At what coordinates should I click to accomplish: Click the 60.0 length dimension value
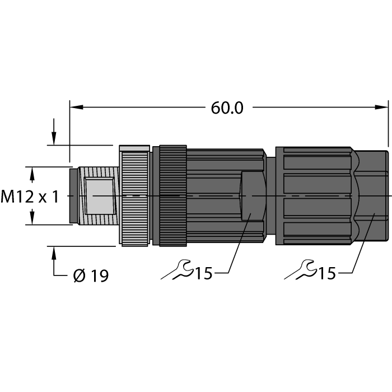(x=227, y=108)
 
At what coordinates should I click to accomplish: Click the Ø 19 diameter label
(x=91, y=276)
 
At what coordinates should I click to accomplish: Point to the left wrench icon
(x=176, y=272)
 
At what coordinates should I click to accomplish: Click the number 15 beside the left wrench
(x=203, y=273)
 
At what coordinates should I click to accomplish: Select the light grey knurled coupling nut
(x=135, y=195)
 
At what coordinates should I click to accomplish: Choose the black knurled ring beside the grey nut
(x=172, y=195)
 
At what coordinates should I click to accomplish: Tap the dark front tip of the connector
(x=73, y=195)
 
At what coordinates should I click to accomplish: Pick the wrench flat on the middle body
(x=251, y=195)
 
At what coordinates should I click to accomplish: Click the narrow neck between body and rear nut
(x=270, y=195)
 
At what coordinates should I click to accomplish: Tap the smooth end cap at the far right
(x=372, y=195)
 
